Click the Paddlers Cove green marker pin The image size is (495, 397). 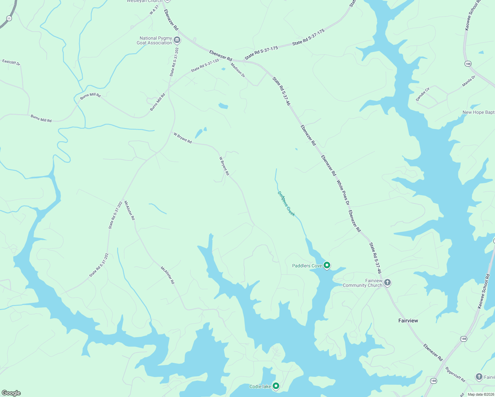click(x=327, y=265)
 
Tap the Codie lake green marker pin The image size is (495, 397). click(x=276, y=386)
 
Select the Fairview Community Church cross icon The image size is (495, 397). click(x=387, y=283)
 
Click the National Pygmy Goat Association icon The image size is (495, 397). click(x=177, y=40)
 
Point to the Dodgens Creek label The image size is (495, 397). click(x=286, y=204)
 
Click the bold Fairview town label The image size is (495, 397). click(x=408, y=321)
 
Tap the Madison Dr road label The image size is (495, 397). click(x=238, y=70)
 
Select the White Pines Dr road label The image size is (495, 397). click(x=343, y=193)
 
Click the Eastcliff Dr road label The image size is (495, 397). click(x=11, y=62)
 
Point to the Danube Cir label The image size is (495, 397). click(x=423, y=94)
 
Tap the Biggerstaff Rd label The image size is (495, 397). click(x=455, y=374)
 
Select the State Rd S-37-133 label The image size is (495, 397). click(x=205, y=65)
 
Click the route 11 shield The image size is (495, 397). click(x=9, y=19)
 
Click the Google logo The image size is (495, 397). click(x=11, y=393)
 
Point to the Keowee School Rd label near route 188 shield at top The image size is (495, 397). click(x=472, y=15)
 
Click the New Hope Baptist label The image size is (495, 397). click(x=478, y=112)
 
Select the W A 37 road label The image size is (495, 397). click(x=154, y=10)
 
